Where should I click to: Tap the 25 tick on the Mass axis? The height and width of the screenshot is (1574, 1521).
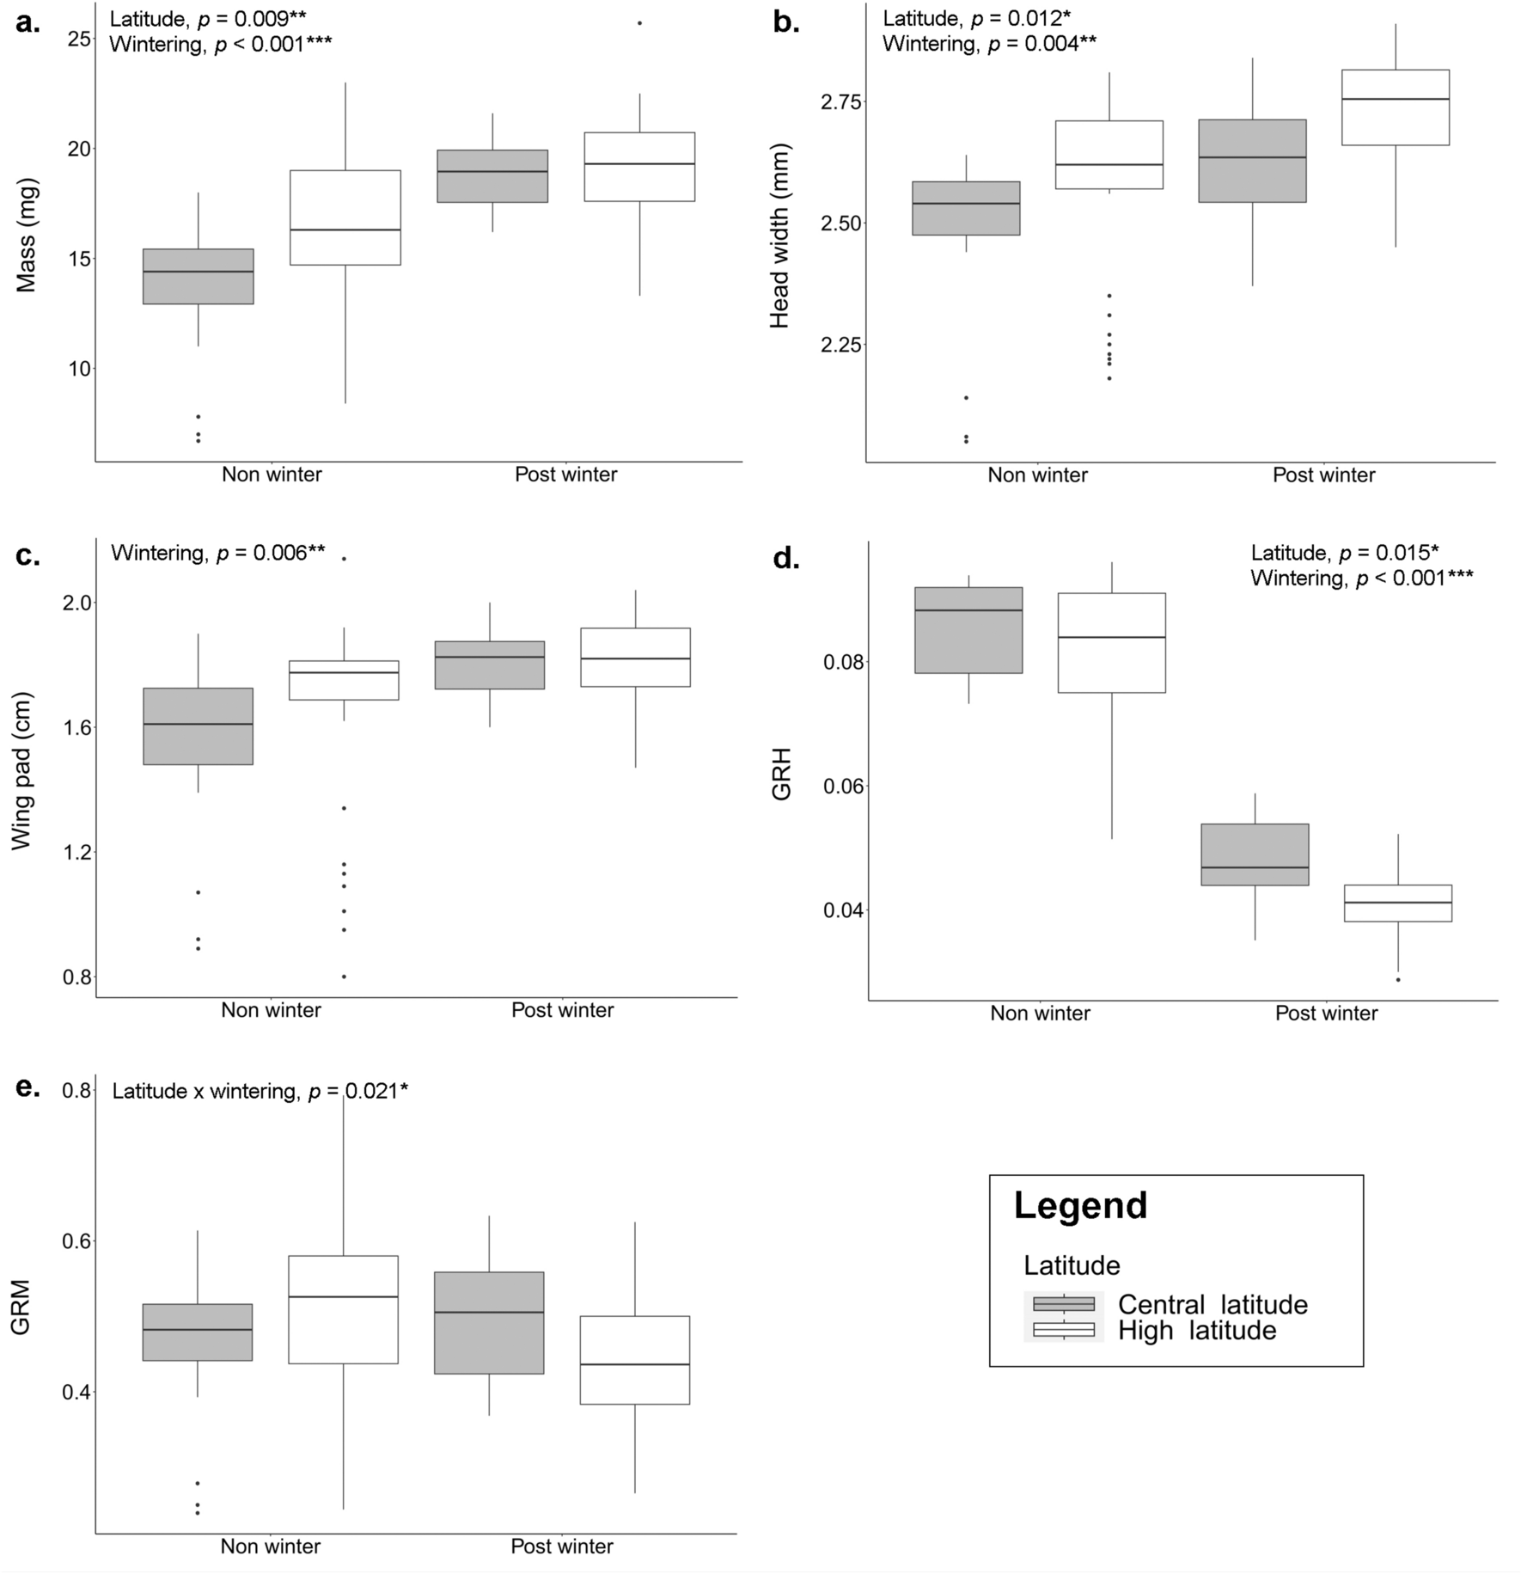(79, 40)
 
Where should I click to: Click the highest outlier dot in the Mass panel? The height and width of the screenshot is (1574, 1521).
(639, 23)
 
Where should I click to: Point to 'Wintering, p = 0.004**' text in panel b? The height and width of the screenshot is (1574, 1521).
(989, 44)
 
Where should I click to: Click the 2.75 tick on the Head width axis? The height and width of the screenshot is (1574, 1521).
(841, 102)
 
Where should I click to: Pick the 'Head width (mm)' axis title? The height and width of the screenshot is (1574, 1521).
(779, 236)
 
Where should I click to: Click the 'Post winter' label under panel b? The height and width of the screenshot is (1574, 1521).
(1323, 475)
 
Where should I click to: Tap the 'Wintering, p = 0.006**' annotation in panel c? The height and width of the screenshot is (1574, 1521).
(218, 553)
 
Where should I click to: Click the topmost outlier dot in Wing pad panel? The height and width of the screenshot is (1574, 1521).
(344, 559)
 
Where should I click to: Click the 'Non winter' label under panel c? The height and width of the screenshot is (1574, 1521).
(271, 1009)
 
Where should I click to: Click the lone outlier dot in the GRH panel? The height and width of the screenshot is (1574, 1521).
(1398, 979)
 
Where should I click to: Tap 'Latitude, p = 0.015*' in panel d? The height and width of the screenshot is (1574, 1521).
(1344, 553)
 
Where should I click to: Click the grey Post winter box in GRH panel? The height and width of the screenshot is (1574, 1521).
(1255, 854)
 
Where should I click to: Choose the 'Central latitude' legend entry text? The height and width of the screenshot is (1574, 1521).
(1212, 1304)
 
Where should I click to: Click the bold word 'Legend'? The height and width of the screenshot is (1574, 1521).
(1080, 1205)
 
